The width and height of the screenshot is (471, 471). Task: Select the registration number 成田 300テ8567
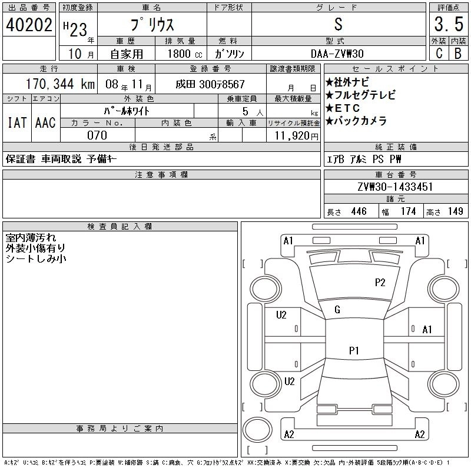click(x=210, y=84)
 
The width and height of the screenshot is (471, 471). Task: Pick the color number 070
click(x=97, y=135)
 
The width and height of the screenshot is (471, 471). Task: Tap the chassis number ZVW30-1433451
click(x=396, y=187)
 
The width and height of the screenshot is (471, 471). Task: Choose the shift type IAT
click(x=16, y=122)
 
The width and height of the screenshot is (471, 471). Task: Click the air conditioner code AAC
click(x=45, y=122)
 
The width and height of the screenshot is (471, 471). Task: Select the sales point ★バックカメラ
click(x=356, y=121)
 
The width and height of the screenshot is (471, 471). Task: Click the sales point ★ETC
click(x=347, y=108)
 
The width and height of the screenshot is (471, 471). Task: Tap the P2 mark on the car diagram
click(x=380, y=283)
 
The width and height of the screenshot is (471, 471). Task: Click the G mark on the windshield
click(x=337, y=310)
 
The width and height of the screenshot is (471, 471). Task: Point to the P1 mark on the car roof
click(x=354, y=350)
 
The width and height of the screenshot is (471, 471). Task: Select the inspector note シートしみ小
click(x=37, y=258)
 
